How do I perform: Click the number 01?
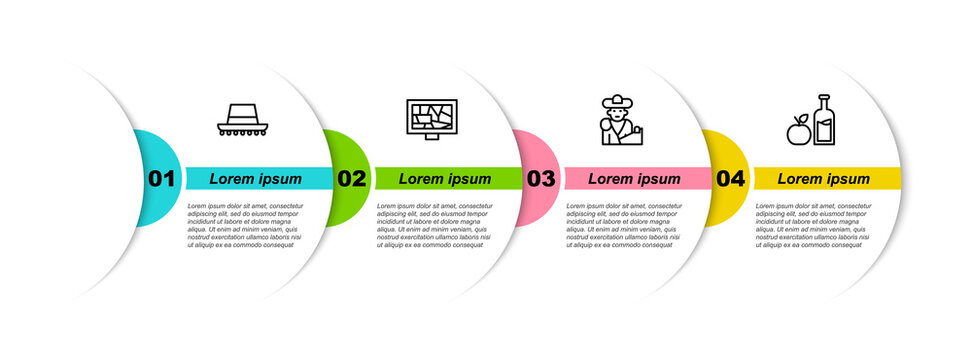coord(161,179)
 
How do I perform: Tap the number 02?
coord(351,179)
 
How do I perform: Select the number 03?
coord(540,179)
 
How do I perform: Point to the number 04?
coord(730,179)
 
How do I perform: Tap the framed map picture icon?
coord(430,120)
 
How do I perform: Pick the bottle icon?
coord(824,119)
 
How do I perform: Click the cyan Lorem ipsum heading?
coord(255,179)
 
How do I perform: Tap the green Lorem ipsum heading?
coord(445,179)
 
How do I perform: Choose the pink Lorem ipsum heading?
coord(634,179)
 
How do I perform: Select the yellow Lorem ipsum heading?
coord(824,179)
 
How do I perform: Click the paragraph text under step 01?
coord(245,225)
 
